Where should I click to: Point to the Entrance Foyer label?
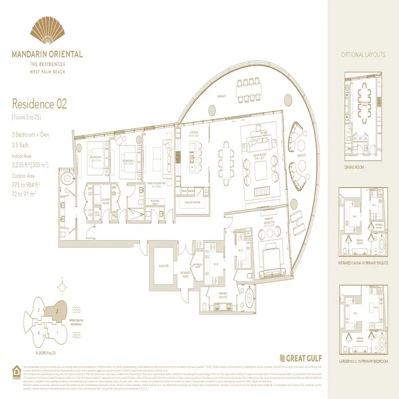click(x=185, y=273)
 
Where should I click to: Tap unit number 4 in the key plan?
click(x=38, y=333)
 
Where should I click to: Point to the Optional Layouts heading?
click(x=363, y=55)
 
